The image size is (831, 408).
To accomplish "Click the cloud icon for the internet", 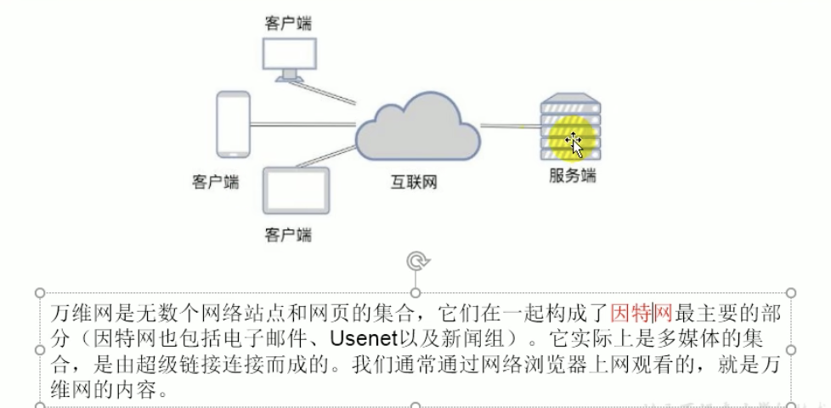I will pyautogui.click(x=417, y=132).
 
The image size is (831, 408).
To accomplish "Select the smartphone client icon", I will pyautogui.click(x=233, y=124).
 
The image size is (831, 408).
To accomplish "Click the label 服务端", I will pyautogui.click(x=572, y=176).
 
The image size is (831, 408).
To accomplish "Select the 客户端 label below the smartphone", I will pyautogui.click(x=216, y=180).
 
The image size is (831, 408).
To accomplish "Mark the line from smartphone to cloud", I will pyautogui.click(x=302, y=125).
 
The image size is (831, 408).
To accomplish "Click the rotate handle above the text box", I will pyautogui.click(x=415, y=261).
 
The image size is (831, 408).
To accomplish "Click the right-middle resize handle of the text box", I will pyautogui.click(x=792, y=349).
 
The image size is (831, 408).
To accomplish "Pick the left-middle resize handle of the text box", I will pyautogui.click(x=38, y=349).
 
